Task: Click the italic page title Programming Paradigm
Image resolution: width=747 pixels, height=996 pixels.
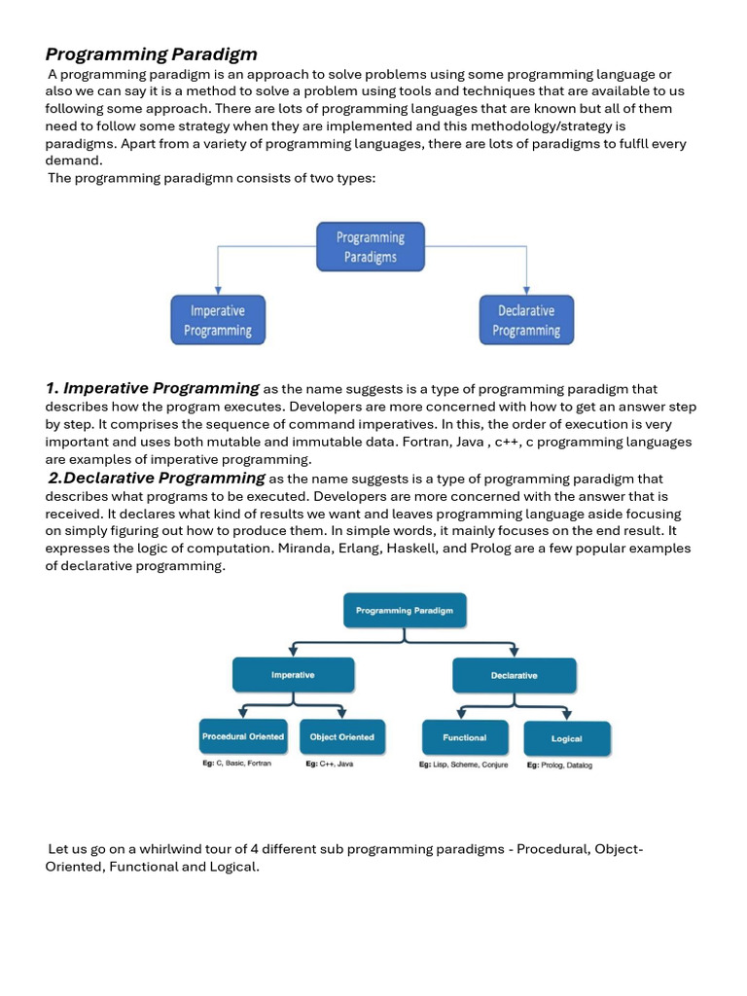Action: coord(151,53)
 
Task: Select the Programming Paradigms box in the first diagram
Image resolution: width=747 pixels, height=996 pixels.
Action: coord(371,247)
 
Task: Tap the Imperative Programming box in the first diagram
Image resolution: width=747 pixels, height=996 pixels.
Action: coord(218,320)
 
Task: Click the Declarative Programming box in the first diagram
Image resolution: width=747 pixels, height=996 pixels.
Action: coord(526,320)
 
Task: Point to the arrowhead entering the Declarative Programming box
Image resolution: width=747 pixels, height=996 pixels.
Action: coord(526,291)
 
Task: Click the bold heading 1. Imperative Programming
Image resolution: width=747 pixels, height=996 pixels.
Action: coord(152,389)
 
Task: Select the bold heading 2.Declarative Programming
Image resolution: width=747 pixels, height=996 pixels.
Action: coord(157,478)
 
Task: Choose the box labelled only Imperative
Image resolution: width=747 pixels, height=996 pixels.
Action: coord(292,675)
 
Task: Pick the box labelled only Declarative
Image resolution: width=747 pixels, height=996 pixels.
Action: coord(514,675)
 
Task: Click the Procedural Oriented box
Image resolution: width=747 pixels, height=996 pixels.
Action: coord(243,737)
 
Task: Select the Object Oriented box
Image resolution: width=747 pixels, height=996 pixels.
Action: coord(341,737)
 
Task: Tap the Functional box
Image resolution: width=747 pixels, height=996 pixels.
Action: coord(465,738)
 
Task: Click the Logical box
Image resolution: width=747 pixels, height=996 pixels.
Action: coord(566,739)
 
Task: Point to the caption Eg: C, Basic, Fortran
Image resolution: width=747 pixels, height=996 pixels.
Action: coord(236,765)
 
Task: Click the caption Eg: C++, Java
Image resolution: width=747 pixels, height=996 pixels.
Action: coord(329,765)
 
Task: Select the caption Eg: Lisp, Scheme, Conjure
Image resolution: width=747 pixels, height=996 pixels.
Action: coord(465,765)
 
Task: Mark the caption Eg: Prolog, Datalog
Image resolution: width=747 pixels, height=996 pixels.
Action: coord(559,765)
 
